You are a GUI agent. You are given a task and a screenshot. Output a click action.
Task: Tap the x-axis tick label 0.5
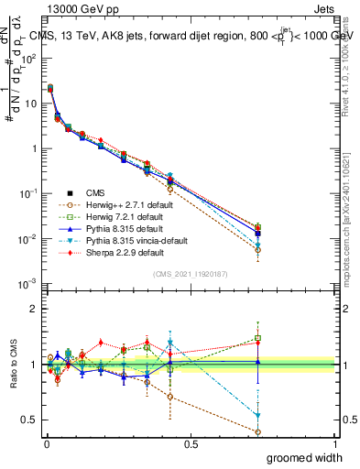[191, 443]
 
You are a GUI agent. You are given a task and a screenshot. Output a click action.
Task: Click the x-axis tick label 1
[334, 443]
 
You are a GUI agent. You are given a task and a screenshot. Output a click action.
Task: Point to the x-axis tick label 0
[46, 443]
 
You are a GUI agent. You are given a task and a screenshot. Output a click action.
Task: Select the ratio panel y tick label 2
[34, 309]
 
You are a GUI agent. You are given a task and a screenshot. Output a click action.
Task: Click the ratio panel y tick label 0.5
[30, 422]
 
